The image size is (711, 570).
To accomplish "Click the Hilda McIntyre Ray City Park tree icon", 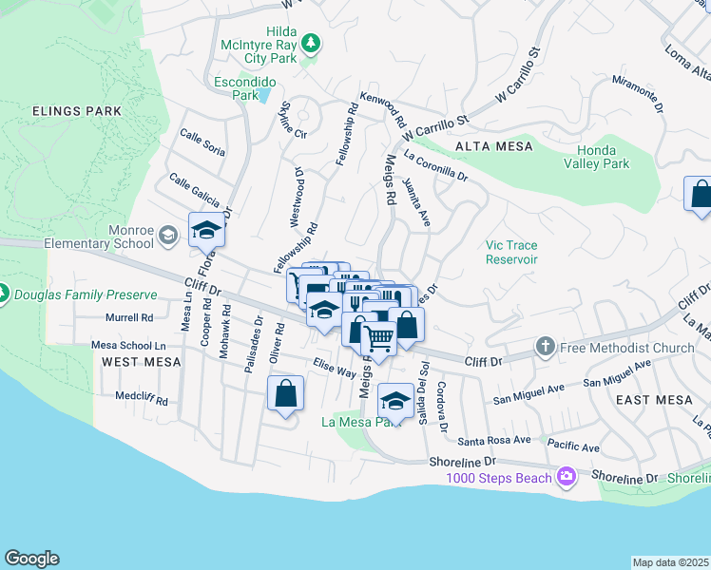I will coord(310,43).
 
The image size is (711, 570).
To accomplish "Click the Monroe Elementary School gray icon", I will coord(168,235).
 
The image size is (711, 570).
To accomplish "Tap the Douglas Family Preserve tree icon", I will coord(2,294).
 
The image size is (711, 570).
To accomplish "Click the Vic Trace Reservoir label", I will coord(511,252).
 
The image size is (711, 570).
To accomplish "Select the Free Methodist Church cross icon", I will coord(546,347).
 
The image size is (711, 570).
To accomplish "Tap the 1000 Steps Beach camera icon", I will coord(567,477).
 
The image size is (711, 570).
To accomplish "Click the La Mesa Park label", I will coord(360,422).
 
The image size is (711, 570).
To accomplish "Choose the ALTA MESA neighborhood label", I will coord(493,146).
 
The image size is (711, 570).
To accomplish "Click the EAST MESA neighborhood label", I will coord(653,400).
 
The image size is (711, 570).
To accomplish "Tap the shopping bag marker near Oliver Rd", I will coord(285,394).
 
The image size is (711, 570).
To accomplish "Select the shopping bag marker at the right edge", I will coord(700,194).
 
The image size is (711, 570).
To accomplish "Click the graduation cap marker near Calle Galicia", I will coord(206,230).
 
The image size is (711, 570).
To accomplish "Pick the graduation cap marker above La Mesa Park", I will coord(395,400).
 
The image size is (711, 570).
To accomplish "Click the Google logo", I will coord(31,559).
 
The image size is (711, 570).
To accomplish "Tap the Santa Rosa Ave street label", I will coord(493,440).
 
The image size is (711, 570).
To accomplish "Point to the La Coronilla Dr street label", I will coord(436,164).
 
